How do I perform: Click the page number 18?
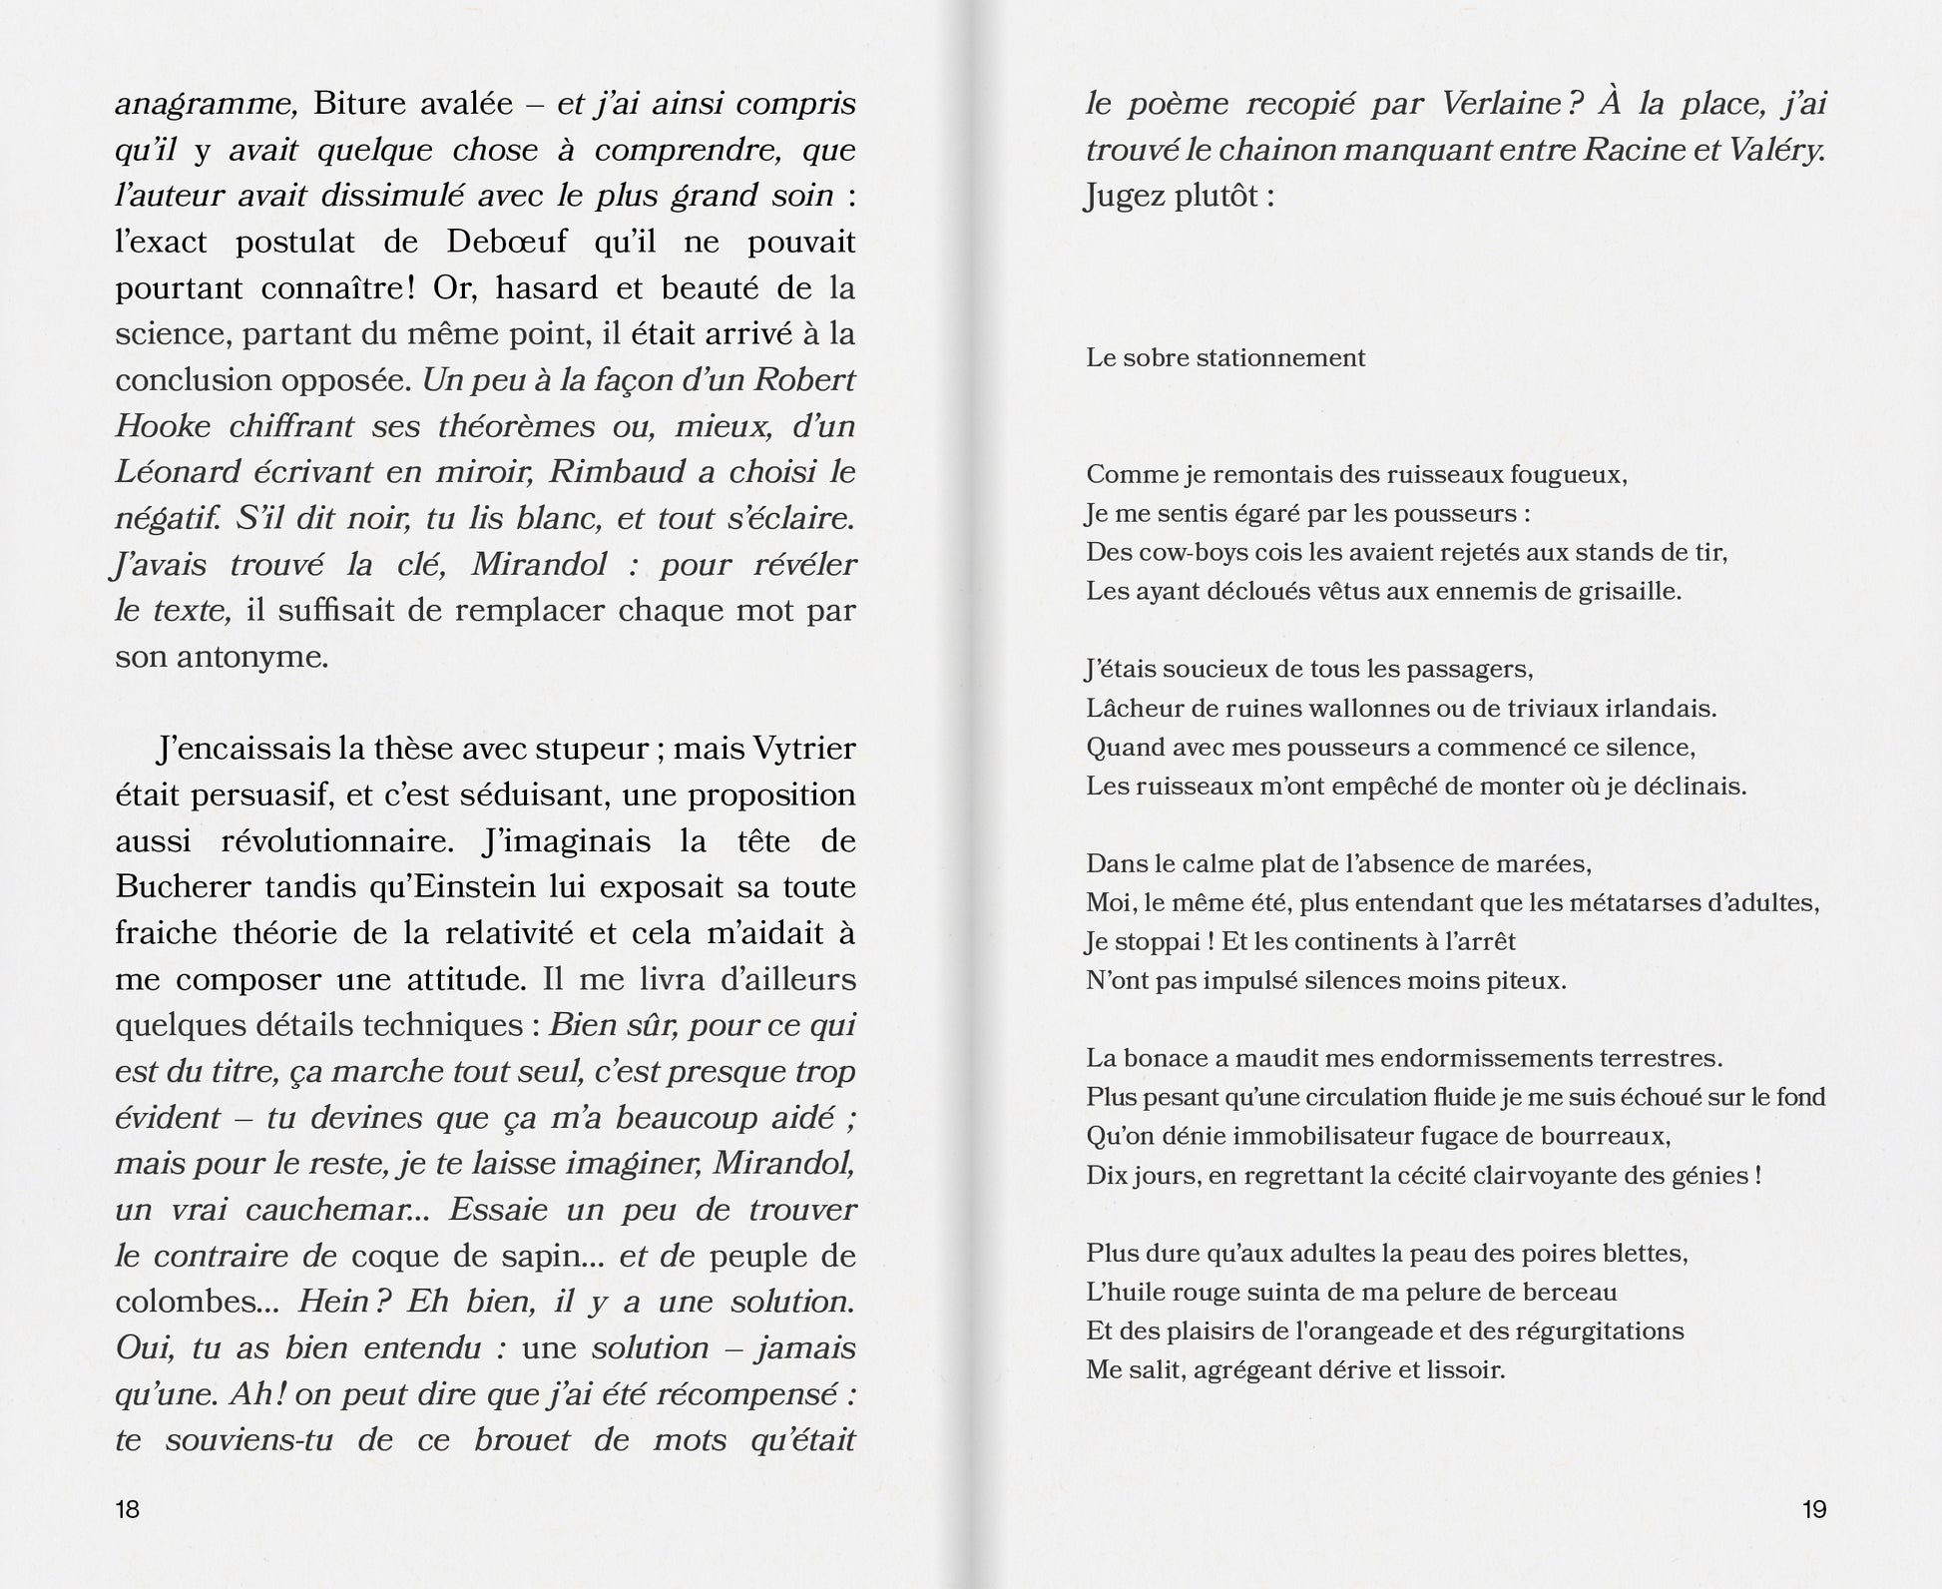[x=128, y=1508]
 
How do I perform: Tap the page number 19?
[x=1814, y=1508]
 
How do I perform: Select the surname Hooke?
[x=163, y=426]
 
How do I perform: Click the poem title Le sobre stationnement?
[x=1225, y=357]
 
